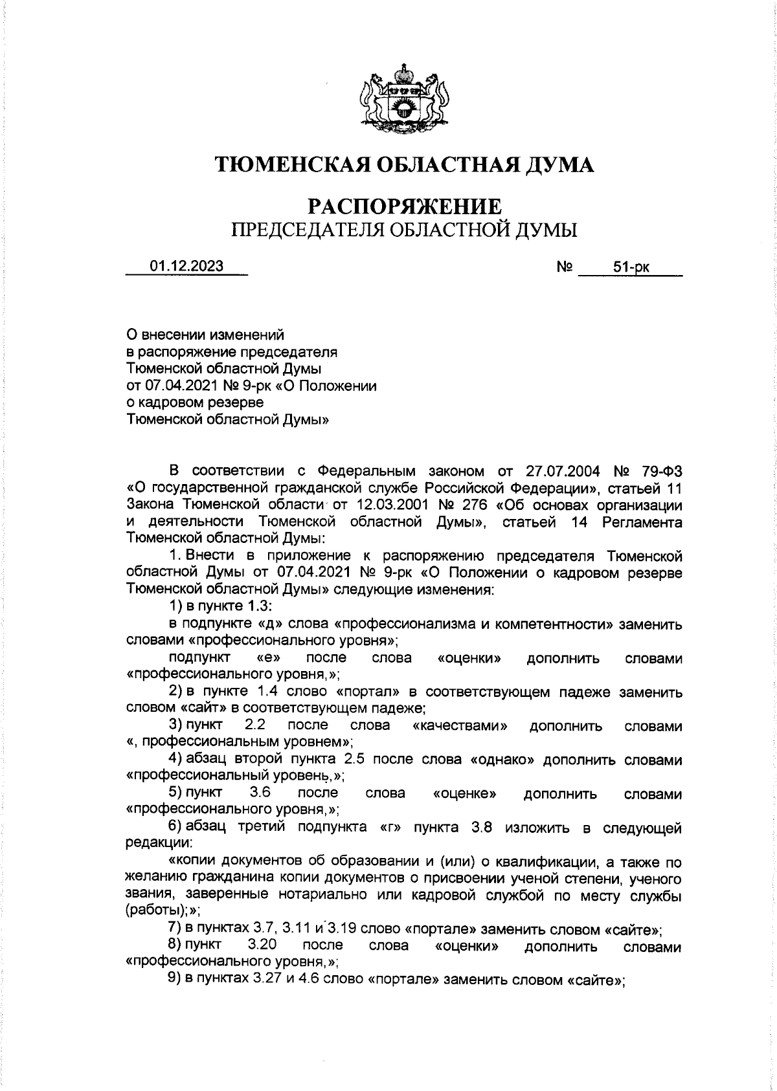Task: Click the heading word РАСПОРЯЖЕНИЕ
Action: pos(404,206)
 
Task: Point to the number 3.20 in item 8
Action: pos(262,945)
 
